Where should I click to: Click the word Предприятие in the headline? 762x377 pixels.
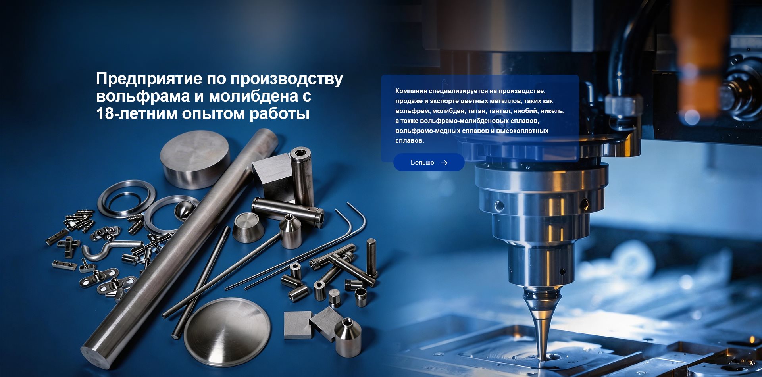pos(149,79)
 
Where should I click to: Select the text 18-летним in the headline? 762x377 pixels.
pos(137,114)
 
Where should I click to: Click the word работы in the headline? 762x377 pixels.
pos(279,114)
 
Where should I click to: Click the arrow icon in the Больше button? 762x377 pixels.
pos(444,163)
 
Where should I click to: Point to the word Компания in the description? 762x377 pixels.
pos(411,91)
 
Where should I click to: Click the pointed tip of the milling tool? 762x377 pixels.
pos(542,359)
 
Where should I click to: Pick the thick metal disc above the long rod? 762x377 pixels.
pos(195,159)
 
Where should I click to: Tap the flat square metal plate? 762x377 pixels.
pos(298,325)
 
